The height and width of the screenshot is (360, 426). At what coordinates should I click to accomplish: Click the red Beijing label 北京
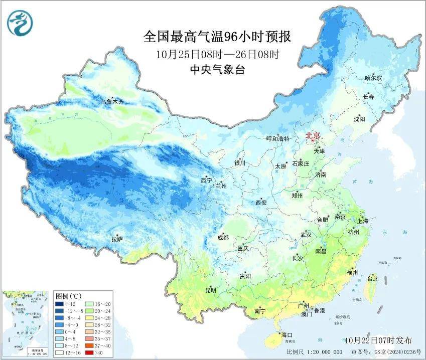point(313,135)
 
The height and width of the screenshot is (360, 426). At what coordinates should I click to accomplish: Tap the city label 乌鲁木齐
point(111,102)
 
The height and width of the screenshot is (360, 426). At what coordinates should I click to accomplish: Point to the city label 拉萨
point(117,240)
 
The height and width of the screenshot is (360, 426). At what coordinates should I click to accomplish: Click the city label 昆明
point(210,290)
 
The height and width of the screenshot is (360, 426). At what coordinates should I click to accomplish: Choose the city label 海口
point(286,334)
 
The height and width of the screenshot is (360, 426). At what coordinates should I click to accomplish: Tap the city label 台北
point(372,279)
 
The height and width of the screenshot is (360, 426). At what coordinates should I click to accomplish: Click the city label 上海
point(362,221)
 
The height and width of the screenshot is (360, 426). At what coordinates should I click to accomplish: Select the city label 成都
point(223,238)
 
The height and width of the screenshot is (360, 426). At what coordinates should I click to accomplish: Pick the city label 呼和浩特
point(277,139)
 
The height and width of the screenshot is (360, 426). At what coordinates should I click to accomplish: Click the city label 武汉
point(306,235)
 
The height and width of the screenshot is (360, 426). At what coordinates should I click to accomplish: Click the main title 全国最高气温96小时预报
point(217,37)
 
